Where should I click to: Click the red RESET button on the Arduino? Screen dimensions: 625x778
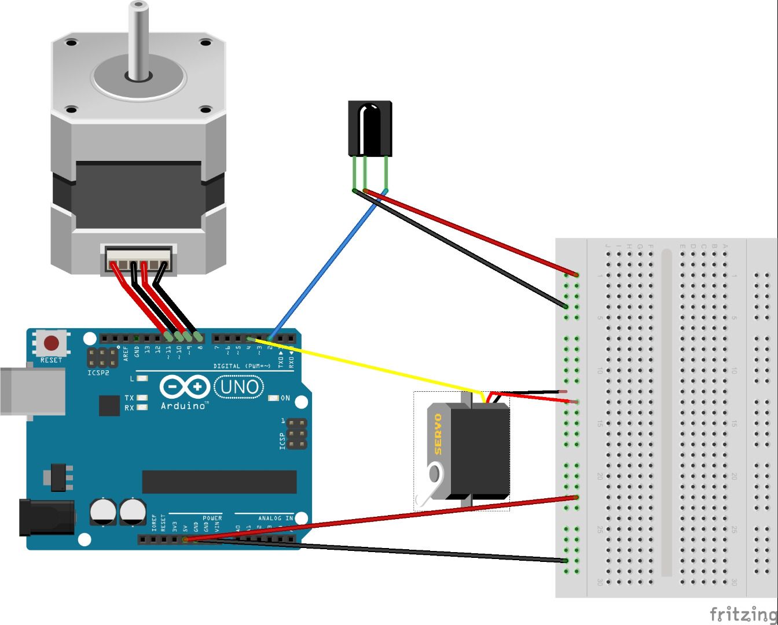pos(52,344)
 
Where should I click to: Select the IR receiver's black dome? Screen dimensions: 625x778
pos(369,128)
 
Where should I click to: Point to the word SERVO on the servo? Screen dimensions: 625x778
pos(438,434)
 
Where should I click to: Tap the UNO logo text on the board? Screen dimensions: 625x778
pos(239,387)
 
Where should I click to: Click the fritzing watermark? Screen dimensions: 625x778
pos(743,613)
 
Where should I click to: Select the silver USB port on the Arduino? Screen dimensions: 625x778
pos(32,391)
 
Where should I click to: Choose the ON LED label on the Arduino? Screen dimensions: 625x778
pos(285,398)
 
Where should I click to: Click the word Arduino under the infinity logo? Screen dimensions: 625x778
pos(184,406)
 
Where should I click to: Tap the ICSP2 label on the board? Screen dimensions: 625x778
pos(98,373)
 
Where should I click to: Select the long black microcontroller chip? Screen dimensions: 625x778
pos(219,482)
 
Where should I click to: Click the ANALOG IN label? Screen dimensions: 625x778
pos(276,518)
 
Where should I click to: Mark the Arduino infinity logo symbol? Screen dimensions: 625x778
pos(185,387)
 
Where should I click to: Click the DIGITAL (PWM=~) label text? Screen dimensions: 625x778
pos(242,366)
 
